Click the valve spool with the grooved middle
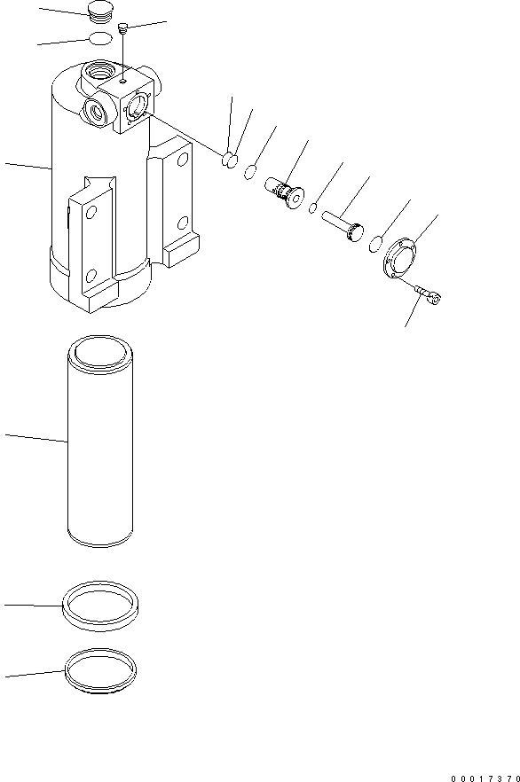tap(284, 190)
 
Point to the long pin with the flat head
tap(343, 224)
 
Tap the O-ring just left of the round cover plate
tap(378, 243)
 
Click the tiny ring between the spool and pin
tap(314, 208)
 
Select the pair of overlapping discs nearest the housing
tap(230, 160)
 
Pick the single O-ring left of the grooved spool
tap(253, 171)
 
